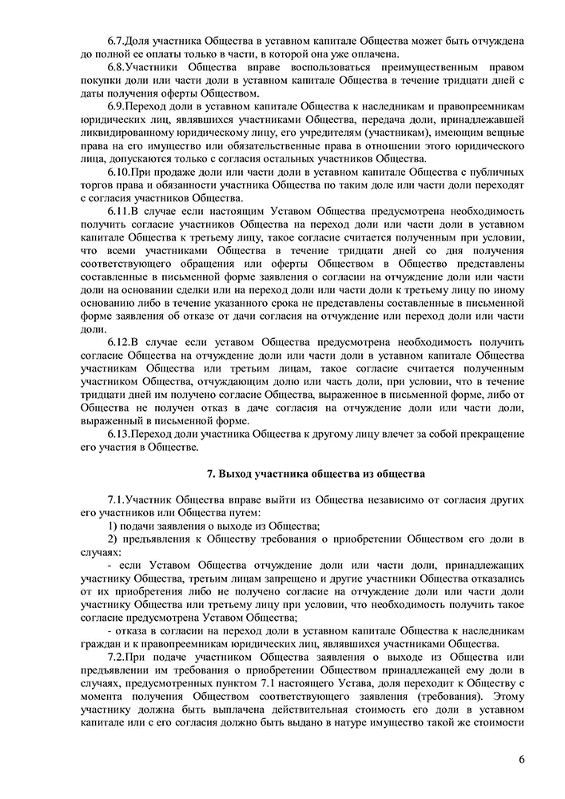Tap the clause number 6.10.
point(120,172)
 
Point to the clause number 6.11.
point(120,211)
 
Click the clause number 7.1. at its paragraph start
point(117,499)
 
